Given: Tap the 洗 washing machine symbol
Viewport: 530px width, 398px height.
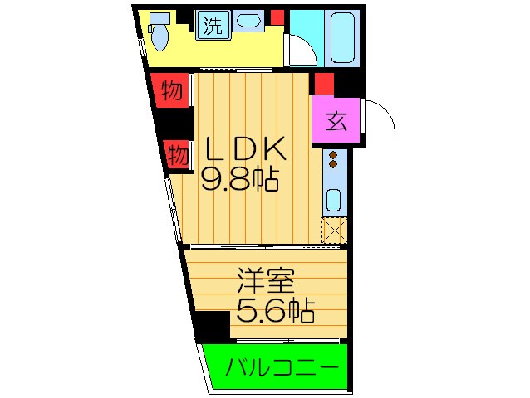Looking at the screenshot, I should [212, 26].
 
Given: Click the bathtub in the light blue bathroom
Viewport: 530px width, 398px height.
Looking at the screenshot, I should [340, 36].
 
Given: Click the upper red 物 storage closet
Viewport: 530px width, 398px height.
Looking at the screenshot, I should [171, 90].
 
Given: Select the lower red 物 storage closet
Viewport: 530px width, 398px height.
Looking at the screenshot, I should [176, 153].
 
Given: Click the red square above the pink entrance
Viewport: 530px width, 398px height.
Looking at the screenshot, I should [323, 83].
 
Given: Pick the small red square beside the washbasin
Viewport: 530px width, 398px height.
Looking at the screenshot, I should [277, 17].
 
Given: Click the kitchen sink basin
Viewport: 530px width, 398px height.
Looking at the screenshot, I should [333, 200].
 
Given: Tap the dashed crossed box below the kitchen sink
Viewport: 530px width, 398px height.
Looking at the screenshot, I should [334, 230].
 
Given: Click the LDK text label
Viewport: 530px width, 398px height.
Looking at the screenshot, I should [246, 149].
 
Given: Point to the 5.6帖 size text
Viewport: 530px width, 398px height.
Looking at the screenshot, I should [276, 311].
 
